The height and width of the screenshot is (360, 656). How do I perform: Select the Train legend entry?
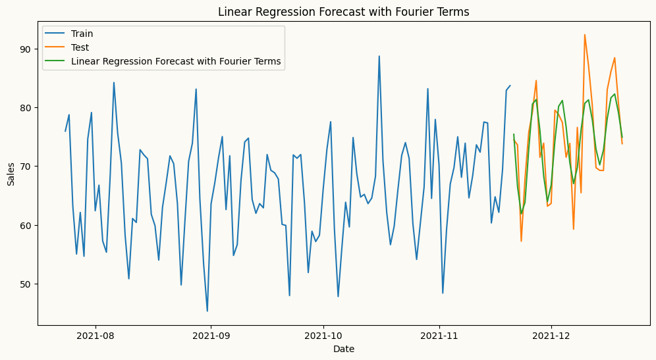tap(82, 34)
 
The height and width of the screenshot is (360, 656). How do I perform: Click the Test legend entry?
tap(80, 47)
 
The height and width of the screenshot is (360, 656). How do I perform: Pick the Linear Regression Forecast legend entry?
tap(176, 61)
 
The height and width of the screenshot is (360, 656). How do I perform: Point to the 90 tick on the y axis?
tap(24, 49)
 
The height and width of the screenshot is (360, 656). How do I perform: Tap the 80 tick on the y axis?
tap(24, 108)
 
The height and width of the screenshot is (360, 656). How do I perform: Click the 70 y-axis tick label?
tap(24, 167)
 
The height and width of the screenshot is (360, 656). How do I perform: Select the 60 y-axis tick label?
tap(24, 225)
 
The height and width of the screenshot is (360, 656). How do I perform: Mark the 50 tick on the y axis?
tap(24, 284)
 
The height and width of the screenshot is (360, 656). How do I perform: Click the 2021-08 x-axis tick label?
tap(96, 335)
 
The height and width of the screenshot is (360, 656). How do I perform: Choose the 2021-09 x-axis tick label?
tap(211, 335)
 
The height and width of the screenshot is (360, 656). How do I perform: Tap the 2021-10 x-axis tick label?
tap(323, 335)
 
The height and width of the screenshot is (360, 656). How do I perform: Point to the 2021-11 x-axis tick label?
tap(439, 335)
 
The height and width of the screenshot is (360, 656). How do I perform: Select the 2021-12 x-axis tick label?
tap(551, 335)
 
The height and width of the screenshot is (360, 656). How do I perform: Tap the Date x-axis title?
tap(344, 348)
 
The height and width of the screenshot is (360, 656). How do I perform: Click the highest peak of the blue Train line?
tap(379, 56)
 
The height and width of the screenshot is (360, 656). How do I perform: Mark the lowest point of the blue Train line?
tap(207, 311)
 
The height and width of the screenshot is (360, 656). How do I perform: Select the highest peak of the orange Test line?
tap(584, 35)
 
